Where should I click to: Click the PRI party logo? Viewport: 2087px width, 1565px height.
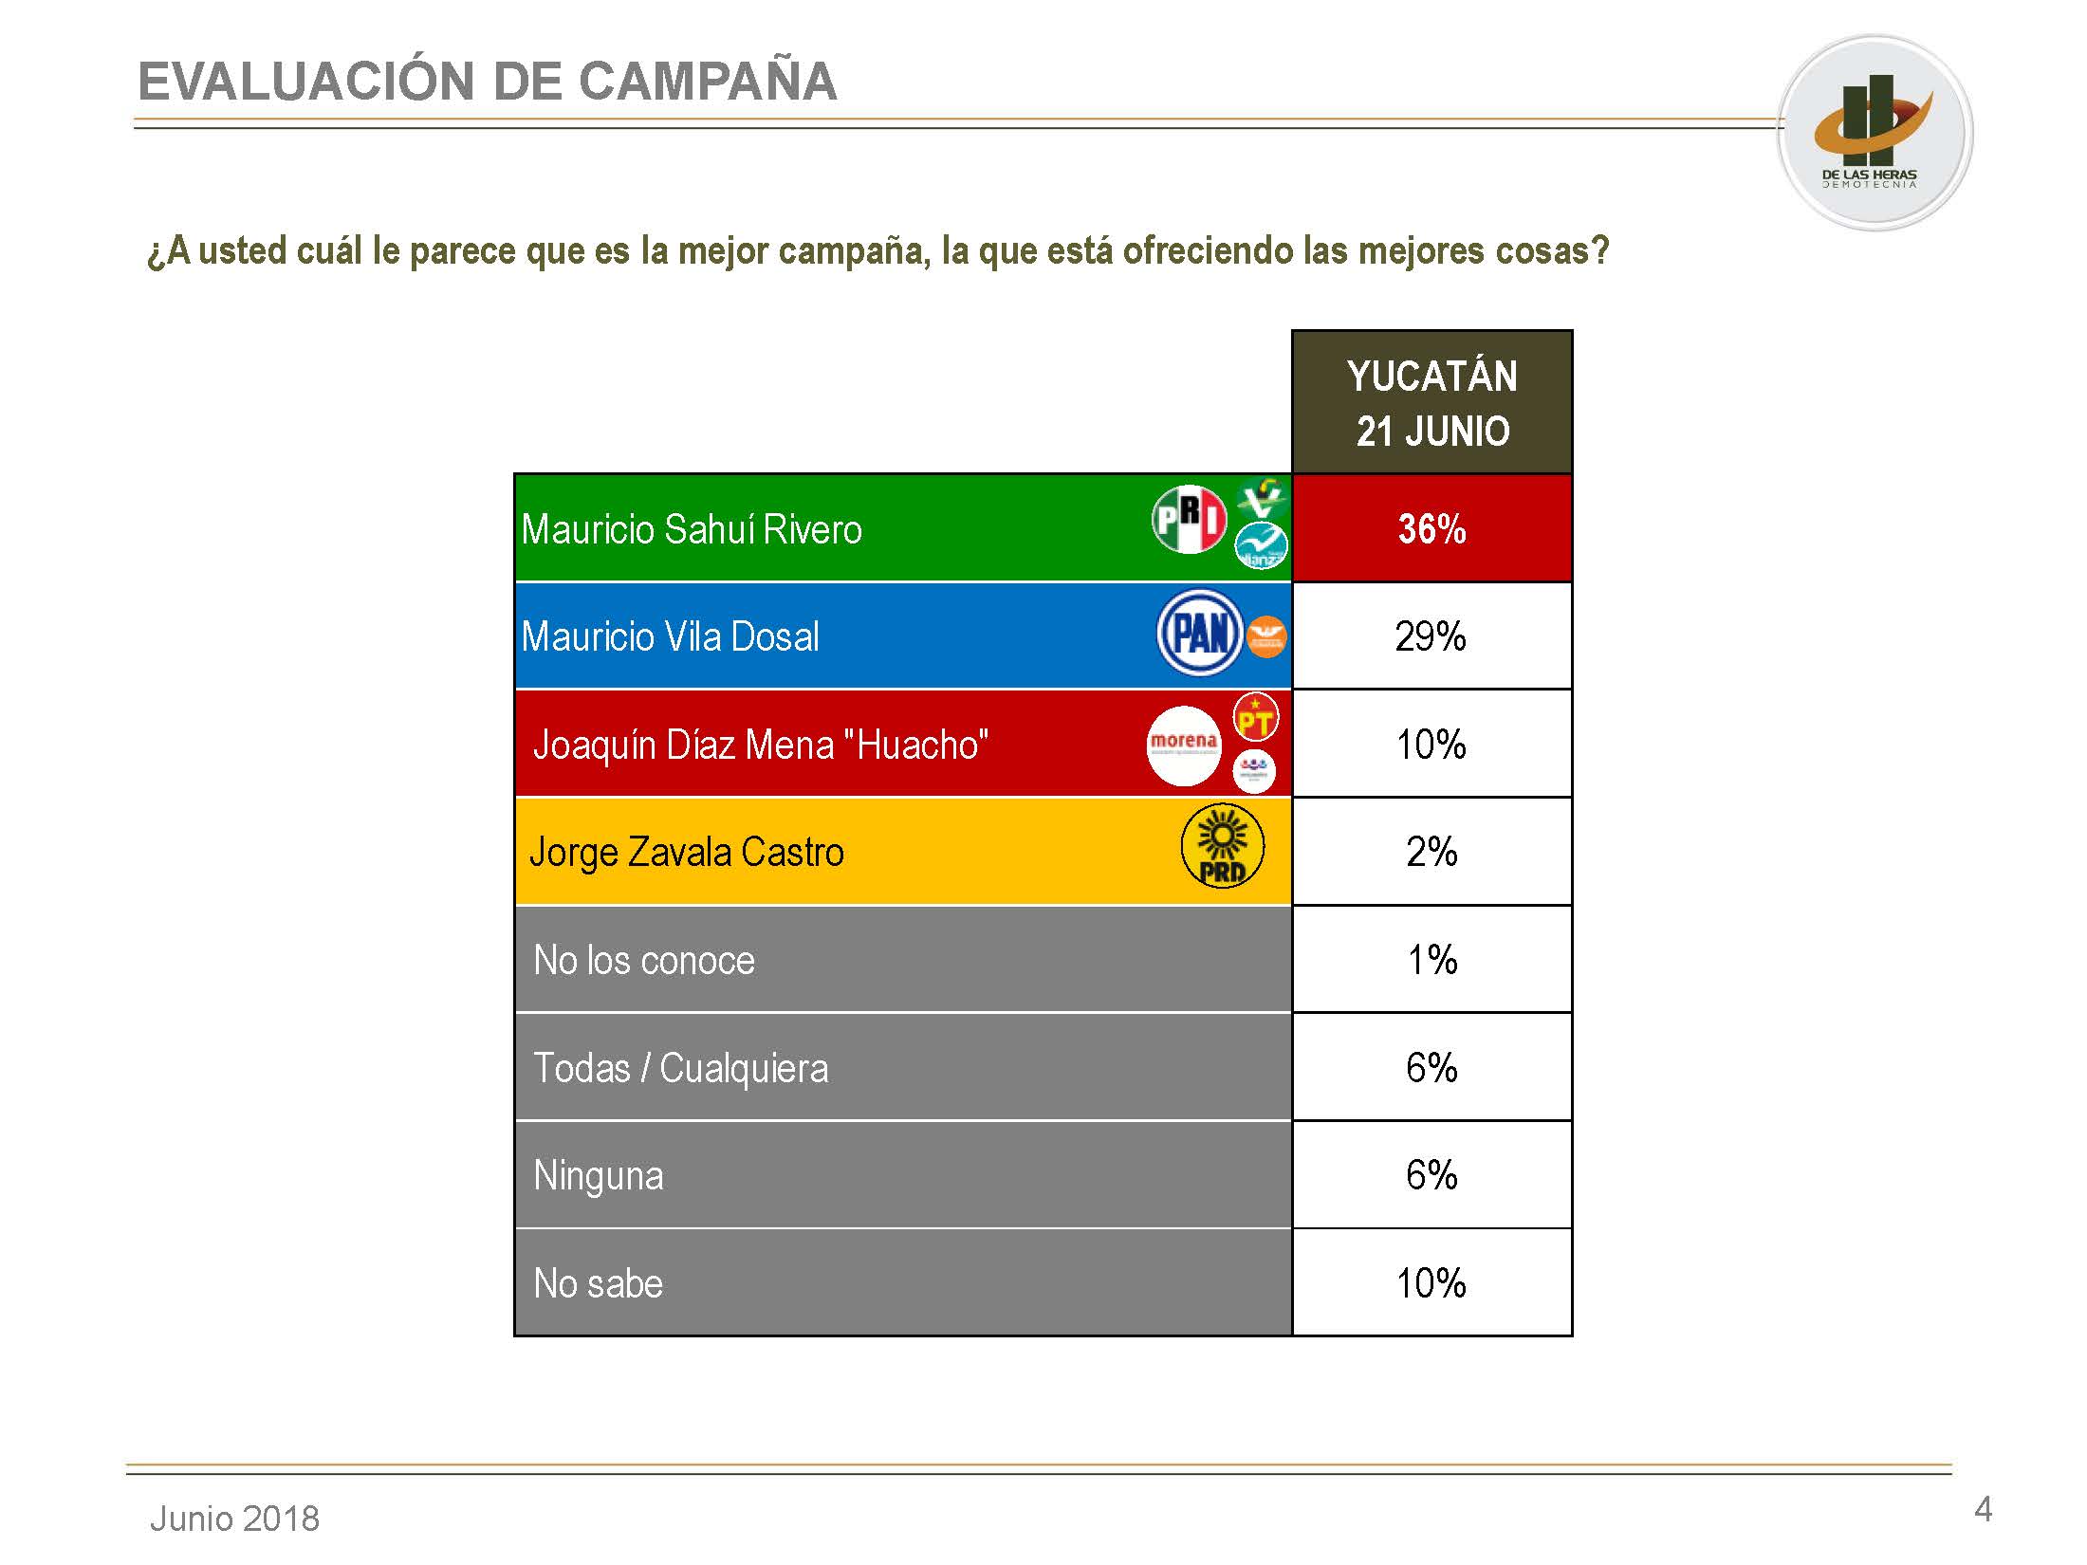coord(1189,519)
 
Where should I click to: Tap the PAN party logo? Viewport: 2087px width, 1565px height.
coord(1200,634)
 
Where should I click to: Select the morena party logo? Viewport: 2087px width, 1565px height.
coord(1183,746)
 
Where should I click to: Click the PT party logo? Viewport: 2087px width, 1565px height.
coord(1255,719)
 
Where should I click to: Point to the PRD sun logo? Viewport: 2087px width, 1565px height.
coord(1222,846)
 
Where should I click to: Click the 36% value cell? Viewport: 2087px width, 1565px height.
coord(1431,528)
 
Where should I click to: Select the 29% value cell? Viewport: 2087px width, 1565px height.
coord(1431,636)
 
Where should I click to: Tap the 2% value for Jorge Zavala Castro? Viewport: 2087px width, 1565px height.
coord(1431,852)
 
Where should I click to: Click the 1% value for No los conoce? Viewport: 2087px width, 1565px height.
coord(1431,960)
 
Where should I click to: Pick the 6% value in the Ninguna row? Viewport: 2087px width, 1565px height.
coord(1431,1175)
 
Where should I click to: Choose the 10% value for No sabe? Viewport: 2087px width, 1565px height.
coord(1431,1283)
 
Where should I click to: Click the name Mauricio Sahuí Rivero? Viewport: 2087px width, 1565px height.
coord(692,529)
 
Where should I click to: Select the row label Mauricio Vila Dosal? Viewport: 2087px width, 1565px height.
coord(670,636)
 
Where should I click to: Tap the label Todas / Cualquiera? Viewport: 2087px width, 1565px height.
coord(680,1068)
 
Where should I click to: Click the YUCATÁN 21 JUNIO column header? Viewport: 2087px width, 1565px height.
coord(1431,403)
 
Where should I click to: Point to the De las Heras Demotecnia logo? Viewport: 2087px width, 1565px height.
coord(1874,133)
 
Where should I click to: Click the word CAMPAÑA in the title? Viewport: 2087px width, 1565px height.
coord(707,82)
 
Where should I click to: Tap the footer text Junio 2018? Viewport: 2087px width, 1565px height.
coord(234,1519)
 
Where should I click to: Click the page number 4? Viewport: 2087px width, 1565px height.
coord(1982,1509)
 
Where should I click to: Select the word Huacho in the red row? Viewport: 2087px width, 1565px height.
coord(922,746)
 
